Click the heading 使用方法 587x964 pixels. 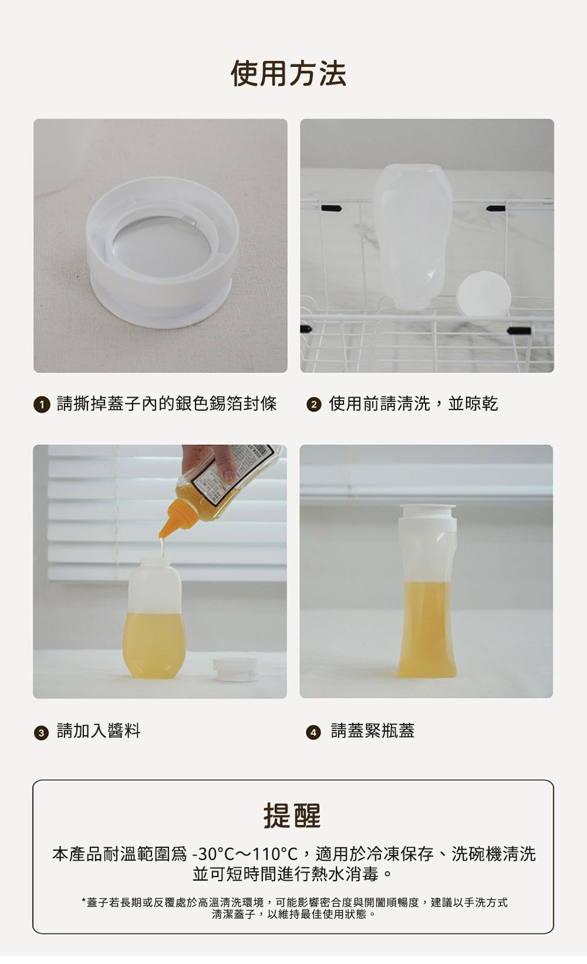tap(288, 73)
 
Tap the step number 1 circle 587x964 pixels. tap(42, 404)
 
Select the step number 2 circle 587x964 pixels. tap(313, 404)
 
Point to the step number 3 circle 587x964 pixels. tap(41, 732)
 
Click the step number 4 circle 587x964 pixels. tap(313, 732)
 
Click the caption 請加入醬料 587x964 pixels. tap(99, 730)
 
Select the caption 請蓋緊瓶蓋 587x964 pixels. tap(373, 730)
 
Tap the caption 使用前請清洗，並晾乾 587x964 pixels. tap(413, 404)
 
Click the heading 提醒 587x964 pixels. tap(292, 816)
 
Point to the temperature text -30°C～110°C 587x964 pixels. tap(245, 854)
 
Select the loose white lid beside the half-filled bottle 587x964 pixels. tap(235, 669)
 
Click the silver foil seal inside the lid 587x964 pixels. tap(162, 246)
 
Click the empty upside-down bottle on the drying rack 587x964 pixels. tap(413, 236)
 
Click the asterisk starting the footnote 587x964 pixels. tap(83, 900)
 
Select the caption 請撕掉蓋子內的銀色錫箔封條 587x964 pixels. tap(167, 404)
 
